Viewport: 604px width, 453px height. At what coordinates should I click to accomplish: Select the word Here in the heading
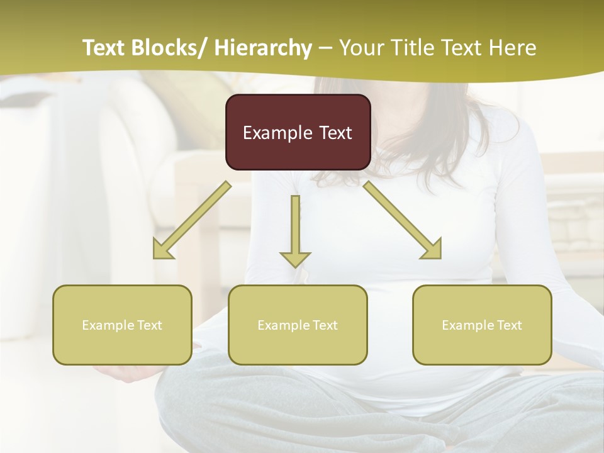pos(513,48)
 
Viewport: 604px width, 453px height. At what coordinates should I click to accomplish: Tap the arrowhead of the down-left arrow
pos(162,250)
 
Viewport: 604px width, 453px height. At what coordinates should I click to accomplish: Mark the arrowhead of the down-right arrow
pos(432,250)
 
